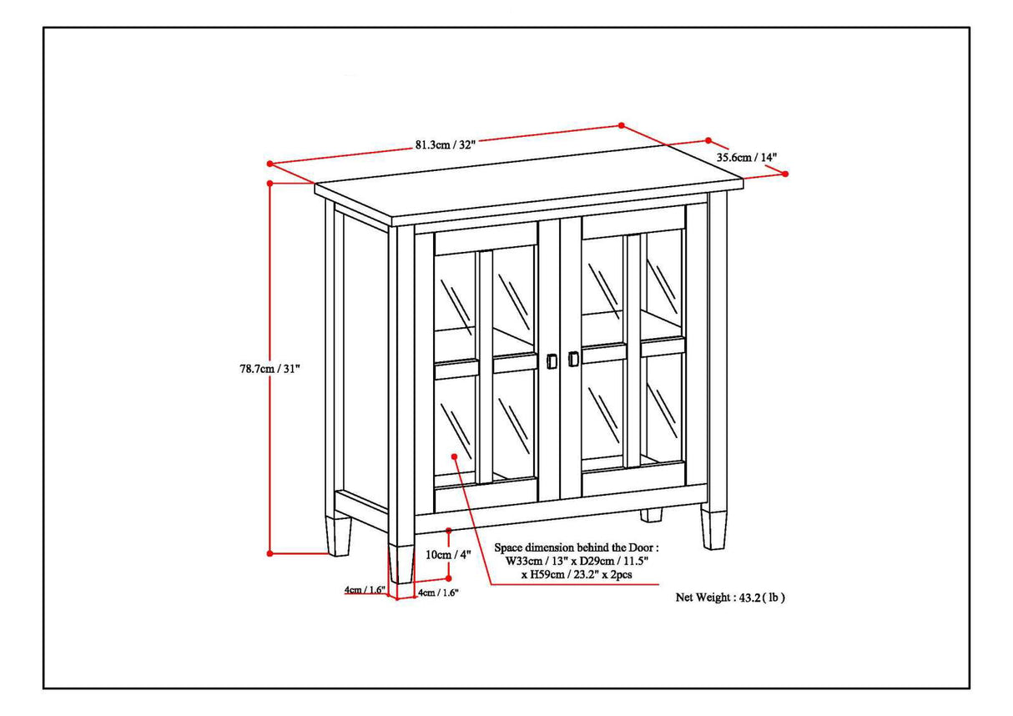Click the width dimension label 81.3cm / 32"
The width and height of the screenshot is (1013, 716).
445,144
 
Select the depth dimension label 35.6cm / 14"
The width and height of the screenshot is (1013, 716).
746,157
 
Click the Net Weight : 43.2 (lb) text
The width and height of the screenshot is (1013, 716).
730,598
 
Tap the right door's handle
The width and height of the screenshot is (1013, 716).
572,359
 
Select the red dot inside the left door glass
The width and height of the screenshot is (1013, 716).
454,456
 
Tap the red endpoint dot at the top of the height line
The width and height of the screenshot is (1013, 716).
270,183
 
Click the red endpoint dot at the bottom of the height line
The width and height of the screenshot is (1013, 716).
270,552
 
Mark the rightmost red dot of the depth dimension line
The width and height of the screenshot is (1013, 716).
785,174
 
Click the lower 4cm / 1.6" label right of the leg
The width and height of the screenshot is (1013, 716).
437,592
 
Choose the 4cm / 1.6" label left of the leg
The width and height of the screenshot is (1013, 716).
365,590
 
